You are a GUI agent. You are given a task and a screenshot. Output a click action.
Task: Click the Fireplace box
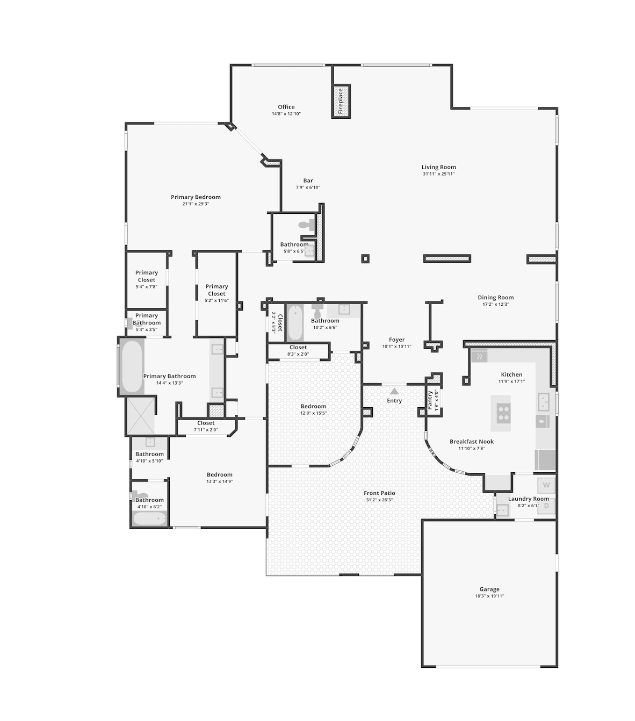(341, 101)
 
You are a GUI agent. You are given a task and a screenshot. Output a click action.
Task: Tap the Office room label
(286, 107)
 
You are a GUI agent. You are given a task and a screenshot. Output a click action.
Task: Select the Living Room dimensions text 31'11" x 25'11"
(438, 174)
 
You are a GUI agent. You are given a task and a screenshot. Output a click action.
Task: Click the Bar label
(308, 181)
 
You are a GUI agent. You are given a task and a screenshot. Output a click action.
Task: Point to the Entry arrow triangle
(394, 392)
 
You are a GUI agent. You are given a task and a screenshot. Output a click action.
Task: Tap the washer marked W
(546, 485)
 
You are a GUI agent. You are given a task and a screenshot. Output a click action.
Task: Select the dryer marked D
(546, 506)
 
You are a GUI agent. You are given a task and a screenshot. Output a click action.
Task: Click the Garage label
(489, 589)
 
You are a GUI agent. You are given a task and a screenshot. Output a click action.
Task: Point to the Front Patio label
(379, 493)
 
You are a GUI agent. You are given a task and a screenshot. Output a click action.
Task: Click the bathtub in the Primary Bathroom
(132, 367)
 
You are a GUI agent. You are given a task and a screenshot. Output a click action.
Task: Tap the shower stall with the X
(141, 416)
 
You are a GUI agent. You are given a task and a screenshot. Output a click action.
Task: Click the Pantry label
(430, 400)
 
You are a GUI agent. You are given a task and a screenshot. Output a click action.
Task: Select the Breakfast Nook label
(472, 442)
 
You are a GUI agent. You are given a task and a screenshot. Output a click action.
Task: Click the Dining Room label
(495, 298)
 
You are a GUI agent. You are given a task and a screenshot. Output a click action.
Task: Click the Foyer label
(396, 340)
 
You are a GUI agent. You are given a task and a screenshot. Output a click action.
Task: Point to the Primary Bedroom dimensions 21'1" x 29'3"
(196, 204)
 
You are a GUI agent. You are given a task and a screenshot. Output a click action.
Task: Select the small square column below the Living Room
(365, 259)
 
